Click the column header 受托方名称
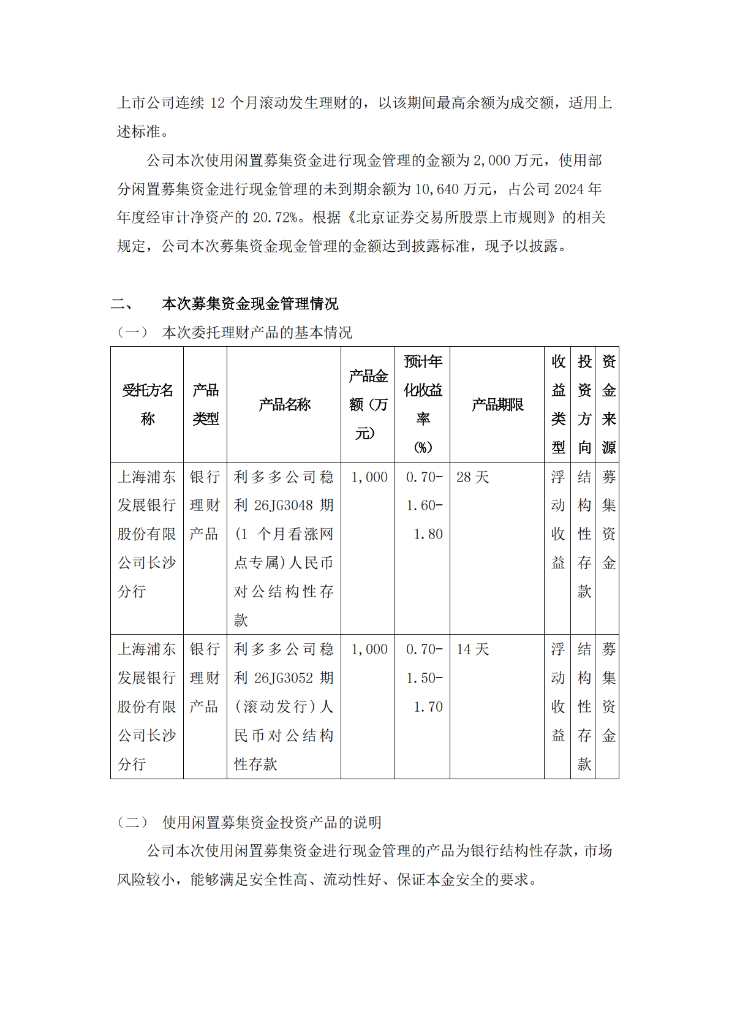click(x=147, y=404)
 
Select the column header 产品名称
click(x=284, y=404)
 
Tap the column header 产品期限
click(x=497, y=404)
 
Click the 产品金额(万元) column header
click(x=368, y=404)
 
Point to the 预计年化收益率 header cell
click(x=423, y=404)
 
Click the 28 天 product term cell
click(x=472, y=477)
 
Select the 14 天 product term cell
click(x=472, y=649)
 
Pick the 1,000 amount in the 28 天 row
click(x=369, y=477)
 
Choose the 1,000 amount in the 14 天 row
click(x=369, y=649)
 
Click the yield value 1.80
click(x=428, y=534)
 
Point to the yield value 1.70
click(x=428, y=707)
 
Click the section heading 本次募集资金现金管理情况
click(x=250, y=304)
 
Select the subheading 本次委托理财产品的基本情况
click(x=257, y=333)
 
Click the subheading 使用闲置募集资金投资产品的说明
click(x=271, y=822)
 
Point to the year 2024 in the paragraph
click(x=570, y=189)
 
